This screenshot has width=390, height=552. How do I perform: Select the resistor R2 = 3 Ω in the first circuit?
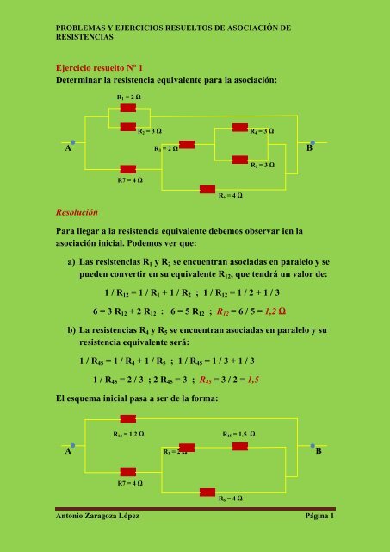[x=128, y=126]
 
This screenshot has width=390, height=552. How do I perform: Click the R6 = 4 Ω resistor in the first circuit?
[x=207, y=187]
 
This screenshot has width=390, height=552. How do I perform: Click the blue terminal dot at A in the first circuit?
[x=75, y=141]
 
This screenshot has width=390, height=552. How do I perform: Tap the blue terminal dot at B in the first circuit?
[x=312, y=141]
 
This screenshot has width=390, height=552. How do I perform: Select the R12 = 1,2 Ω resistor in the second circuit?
[x=128, y=419]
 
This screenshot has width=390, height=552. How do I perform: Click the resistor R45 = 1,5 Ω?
[x=240, y=446]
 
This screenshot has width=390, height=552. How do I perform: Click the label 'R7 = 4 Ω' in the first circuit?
[x=130, y=181]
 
